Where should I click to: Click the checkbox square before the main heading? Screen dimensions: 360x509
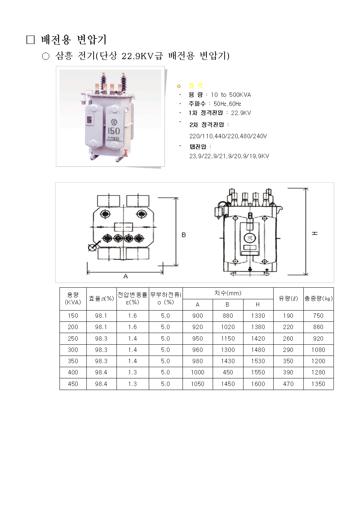click(30, 40)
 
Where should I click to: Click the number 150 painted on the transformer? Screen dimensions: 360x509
click(114, 131)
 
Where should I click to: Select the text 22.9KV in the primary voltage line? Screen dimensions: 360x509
click(241, 113)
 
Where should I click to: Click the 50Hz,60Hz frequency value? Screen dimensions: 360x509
click(227, 104)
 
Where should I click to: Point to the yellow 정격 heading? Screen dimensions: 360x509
click(196, 86)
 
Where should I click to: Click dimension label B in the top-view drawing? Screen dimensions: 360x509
click(184, 235)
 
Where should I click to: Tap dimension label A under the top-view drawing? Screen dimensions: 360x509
click(126, 276)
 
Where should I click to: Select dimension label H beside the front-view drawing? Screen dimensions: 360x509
click(315, 233)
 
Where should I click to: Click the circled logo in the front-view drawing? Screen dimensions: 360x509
click(250, 238)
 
